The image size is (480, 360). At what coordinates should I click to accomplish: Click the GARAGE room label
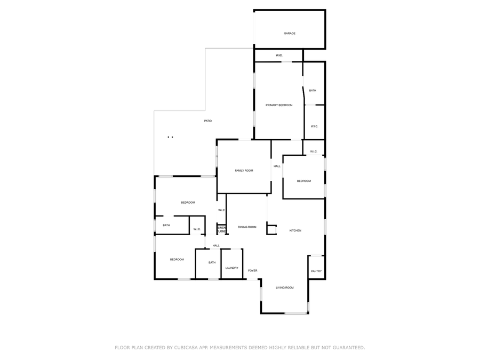pyautogui.click(x=290, y=34)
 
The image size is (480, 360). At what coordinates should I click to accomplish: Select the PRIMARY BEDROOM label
pyautogui.click(x=279, y=105)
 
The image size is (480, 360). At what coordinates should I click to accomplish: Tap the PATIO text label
pyautogui.click(x=208, y=121)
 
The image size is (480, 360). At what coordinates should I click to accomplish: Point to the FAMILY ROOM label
pyautogui.click(x=244, y=171)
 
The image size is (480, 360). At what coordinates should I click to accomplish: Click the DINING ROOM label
pyautogui.click(x=247, y=227)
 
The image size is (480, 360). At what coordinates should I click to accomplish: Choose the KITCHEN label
pyautogui.click(x=295, y=230)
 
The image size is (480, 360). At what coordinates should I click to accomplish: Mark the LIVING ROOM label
pyautogui.click(x=284, y=288)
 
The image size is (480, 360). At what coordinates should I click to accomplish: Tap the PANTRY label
pyautogui.click(x=316, y=271)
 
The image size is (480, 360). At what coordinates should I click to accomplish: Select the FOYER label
pyautogui.click(x=252, y=271)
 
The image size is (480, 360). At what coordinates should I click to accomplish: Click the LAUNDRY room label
pyautogui.click(x=231, y=268)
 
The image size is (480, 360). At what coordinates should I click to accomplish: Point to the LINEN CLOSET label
pyautogui.click(x=221, y=229)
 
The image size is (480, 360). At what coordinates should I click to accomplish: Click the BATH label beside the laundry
pyautogui.click(x=212, y=262)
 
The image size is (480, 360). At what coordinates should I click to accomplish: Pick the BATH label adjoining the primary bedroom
pyautogui.click(x=313, y=91)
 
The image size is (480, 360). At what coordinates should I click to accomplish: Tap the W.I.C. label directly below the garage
pyautogui.click(x=279, y=55)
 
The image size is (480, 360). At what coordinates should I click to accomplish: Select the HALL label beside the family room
pyautogui.click(x=277, y=166)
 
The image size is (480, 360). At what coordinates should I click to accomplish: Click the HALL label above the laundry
pyautogui.click(x=216, y=246)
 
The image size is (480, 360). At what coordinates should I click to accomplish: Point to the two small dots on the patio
pyautogui.click(x=170, y=137)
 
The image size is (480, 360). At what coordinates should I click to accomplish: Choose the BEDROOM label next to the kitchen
pyautogui.click(x=303, y=181)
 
